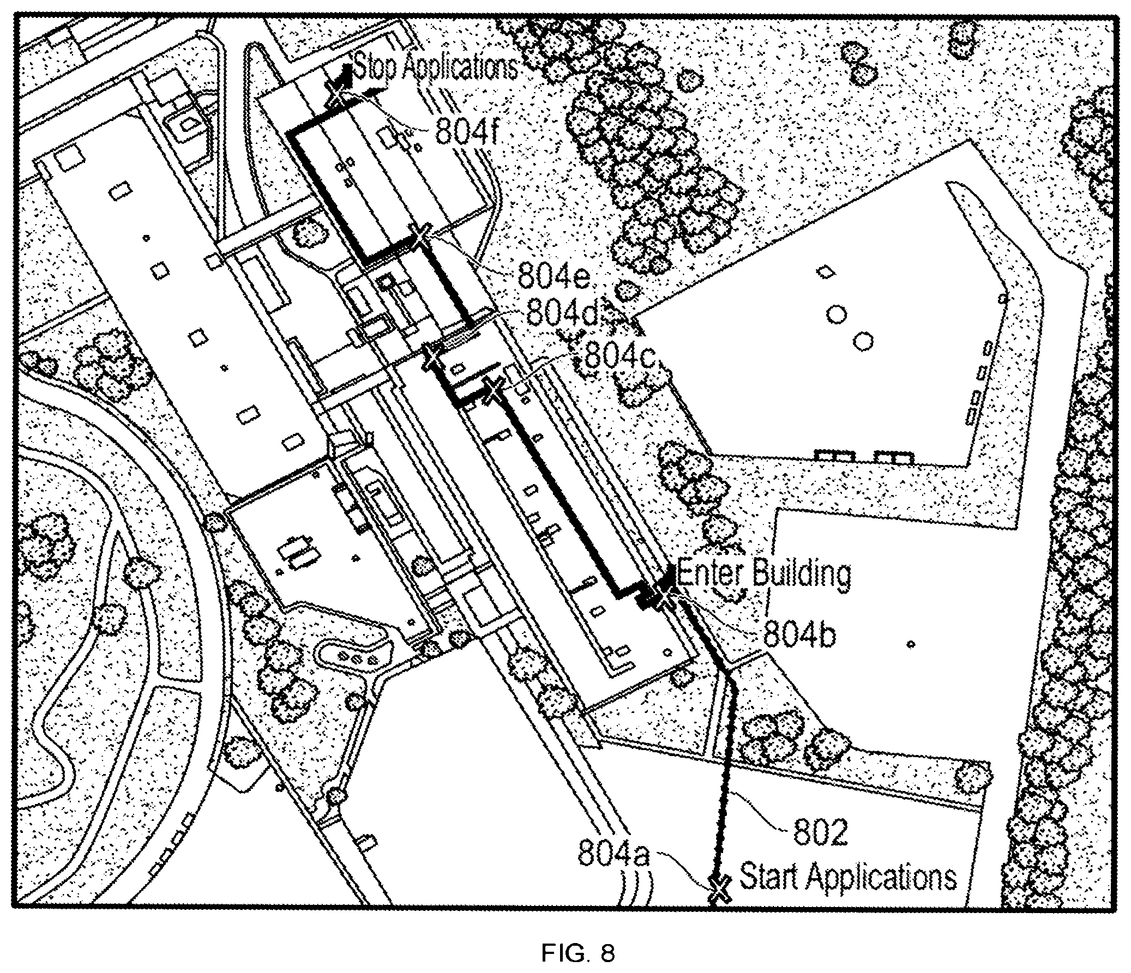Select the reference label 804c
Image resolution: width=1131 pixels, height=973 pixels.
tap(621, 358)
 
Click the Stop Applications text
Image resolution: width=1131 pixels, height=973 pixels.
tap(436, 68)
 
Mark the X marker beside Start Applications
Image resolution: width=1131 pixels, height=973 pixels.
tap(720, 890)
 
